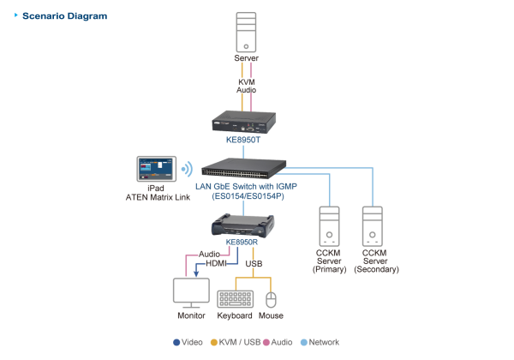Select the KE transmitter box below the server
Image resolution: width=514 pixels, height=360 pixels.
244,121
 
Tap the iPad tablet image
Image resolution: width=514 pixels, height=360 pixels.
156,169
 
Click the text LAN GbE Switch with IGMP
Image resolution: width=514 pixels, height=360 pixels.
245,186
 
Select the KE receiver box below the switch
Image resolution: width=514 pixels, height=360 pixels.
243,225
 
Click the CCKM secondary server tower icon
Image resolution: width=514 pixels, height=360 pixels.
373,225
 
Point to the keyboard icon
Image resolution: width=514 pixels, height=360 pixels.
235,299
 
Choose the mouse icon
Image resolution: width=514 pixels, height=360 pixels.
271,299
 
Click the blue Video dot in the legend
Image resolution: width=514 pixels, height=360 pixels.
176,342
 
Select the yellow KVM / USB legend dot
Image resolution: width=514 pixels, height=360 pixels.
213,342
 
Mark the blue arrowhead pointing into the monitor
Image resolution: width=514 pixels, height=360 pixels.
195,274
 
